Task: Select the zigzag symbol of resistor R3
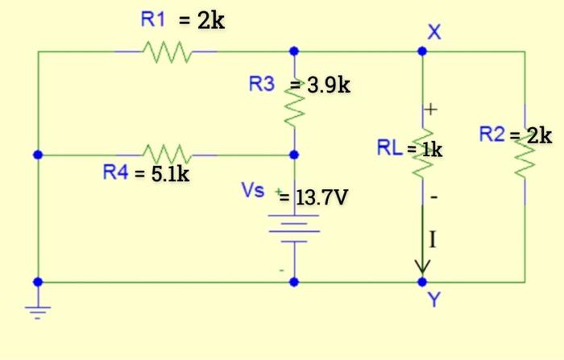pyautogui.click(x=294, y=102)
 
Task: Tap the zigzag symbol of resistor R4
pyautogui.click(x=166, y=153)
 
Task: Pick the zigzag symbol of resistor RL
pyautogui.click(x=422, y=155)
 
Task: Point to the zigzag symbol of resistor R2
pyautogui.click(x=525, y=155)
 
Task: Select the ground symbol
pyautogui.click(x=37, y=310)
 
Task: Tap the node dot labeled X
pyautogui.click(x=422, y=52)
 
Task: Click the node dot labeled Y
pyautogui.click(x=422, y=282)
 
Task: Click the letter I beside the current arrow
pyautogui.click(x=433, y=239)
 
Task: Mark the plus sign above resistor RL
pyautogui.click(x=431, y=107)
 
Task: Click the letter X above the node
pyautogui.click(x=434, y=31)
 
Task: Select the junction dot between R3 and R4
pyautogui.click(x=294, y=154)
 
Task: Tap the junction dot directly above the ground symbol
pyautogui.click(x=37, y=282)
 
